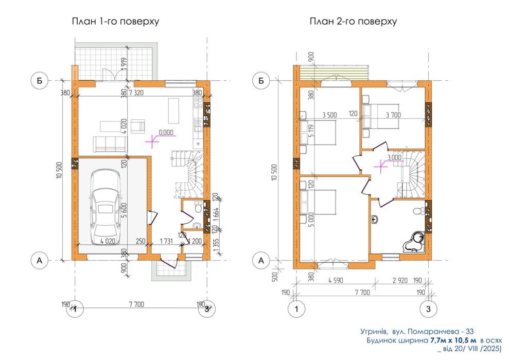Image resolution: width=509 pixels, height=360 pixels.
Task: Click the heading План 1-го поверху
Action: tap(116, 22)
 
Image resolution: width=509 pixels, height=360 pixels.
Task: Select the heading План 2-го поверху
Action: tap(353, 22)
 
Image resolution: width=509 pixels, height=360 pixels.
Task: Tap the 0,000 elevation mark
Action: tap(166, 132)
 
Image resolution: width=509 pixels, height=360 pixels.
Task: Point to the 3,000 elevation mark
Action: tap(394, 157)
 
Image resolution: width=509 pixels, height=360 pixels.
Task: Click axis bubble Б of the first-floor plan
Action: tap(40, 80)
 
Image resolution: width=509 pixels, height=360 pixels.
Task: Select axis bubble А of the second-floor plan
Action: tap(261, 260)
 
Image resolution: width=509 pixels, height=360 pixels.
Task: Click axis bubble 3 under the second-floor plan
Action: tap(428, 309)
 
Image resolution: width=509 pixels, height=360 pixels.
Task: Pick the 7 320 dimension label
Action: tap(136, 93)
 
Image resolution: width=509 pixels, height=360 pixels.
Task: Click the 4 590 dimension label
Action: tap(336, 280)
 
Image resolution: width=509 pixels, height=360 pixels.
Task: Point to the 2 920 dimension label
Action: tap(400, 280)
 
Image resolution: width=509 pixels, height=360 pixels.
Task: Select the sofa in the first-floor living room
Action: tap(110, 144)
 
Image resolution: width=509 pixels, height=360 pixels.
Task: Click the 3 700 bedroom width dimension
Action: tap(393, 115)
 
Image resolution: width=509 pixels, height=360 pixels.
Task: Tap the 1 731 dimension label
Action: tap(166, 241)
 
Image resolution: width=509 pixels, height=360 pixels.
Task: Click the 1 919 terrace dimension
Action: tap(125, 64)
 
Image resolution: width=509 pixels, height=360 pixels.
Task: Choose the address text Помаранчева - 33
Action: tap(441, 332)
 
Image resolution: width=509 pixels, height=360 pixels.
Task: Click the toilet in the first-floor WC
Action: tap(198, 208)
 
